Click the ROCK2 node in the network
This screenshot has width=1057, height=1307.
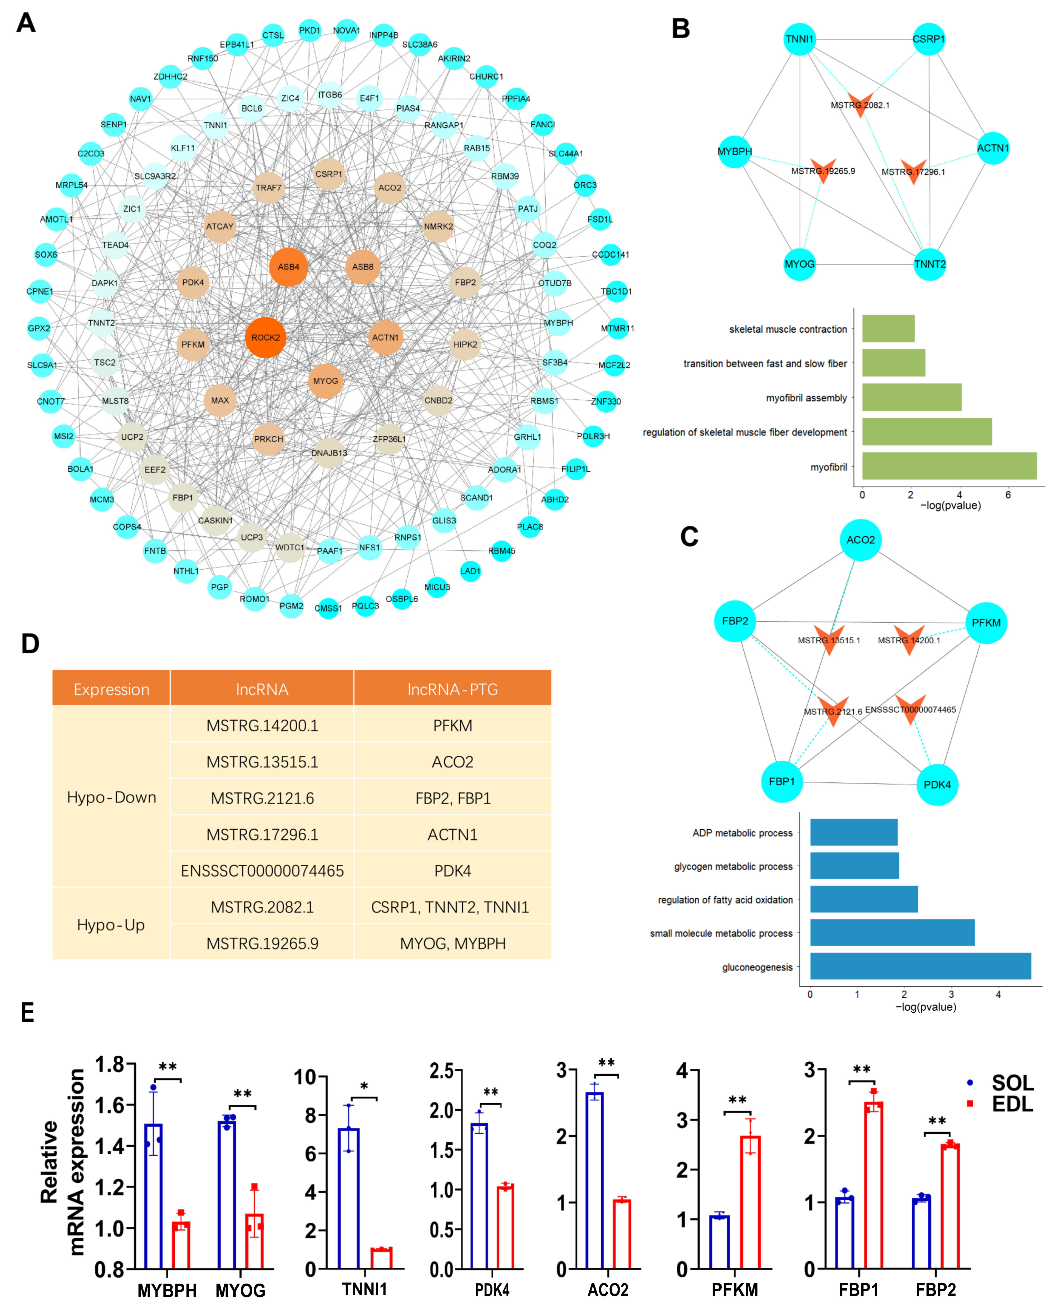click(x=266, y=337)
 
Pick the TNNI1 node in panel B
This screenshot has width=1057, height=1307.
click(x=799, y=39)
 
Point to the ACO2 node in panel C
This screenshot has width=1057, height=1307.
click(x=860, y=540)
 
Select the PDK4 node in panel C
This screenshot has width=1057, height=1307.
click(x=937, y=785)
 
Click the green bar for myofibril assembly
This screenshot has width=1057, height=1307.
click(x=912, y=398)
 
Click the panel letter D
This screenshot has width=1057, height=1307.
click(x=30, y=644)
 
